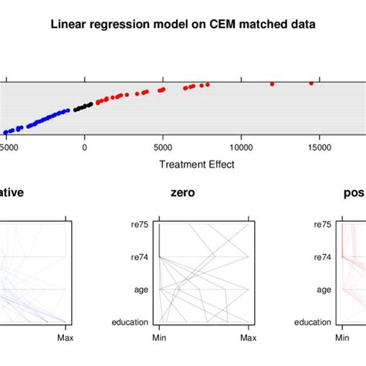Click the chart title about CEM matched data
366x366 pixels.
[183, 24]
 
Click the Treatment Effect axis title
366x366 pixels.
[196, 164]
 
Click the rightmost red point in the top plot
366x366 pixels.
[311, 83]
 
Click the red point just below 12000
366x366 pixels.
[272, 83]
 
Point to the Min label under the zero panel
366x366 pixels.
[160, 338]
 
